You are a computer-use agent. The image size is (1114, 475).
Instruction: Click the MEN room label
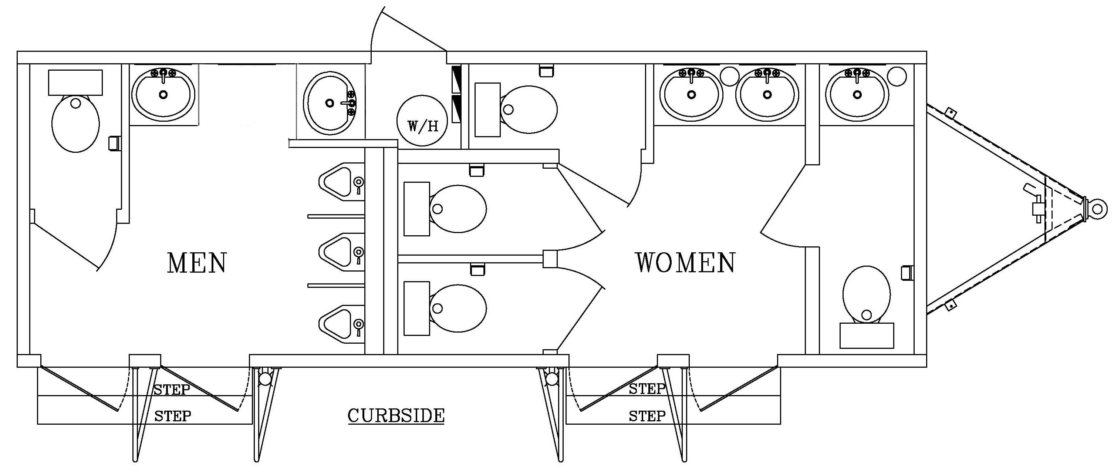coord(197,263)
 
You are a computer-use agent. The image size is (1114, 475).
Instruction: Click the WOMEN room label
coord(685,263)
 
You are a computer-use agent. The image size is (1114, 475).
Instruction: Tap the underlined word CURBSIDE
coord(396,416)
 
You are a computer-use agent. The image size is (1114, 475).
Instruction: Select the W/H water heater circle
coord(422,120)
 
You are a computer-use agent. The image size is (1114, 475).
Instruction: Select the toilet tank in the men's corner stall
coord(75,82)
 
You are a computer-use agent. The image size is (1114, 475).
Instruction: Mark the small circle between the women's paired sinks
coord(730,76)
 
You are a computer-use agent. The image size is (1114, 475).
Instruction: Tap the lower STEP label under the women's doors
coord(647,416)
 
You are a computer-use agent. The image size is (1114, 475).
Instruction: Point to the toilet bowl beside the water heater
coord(529,109)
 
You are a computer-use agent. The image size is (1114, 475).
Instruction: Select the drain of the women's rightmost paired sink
coord(767,94)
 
